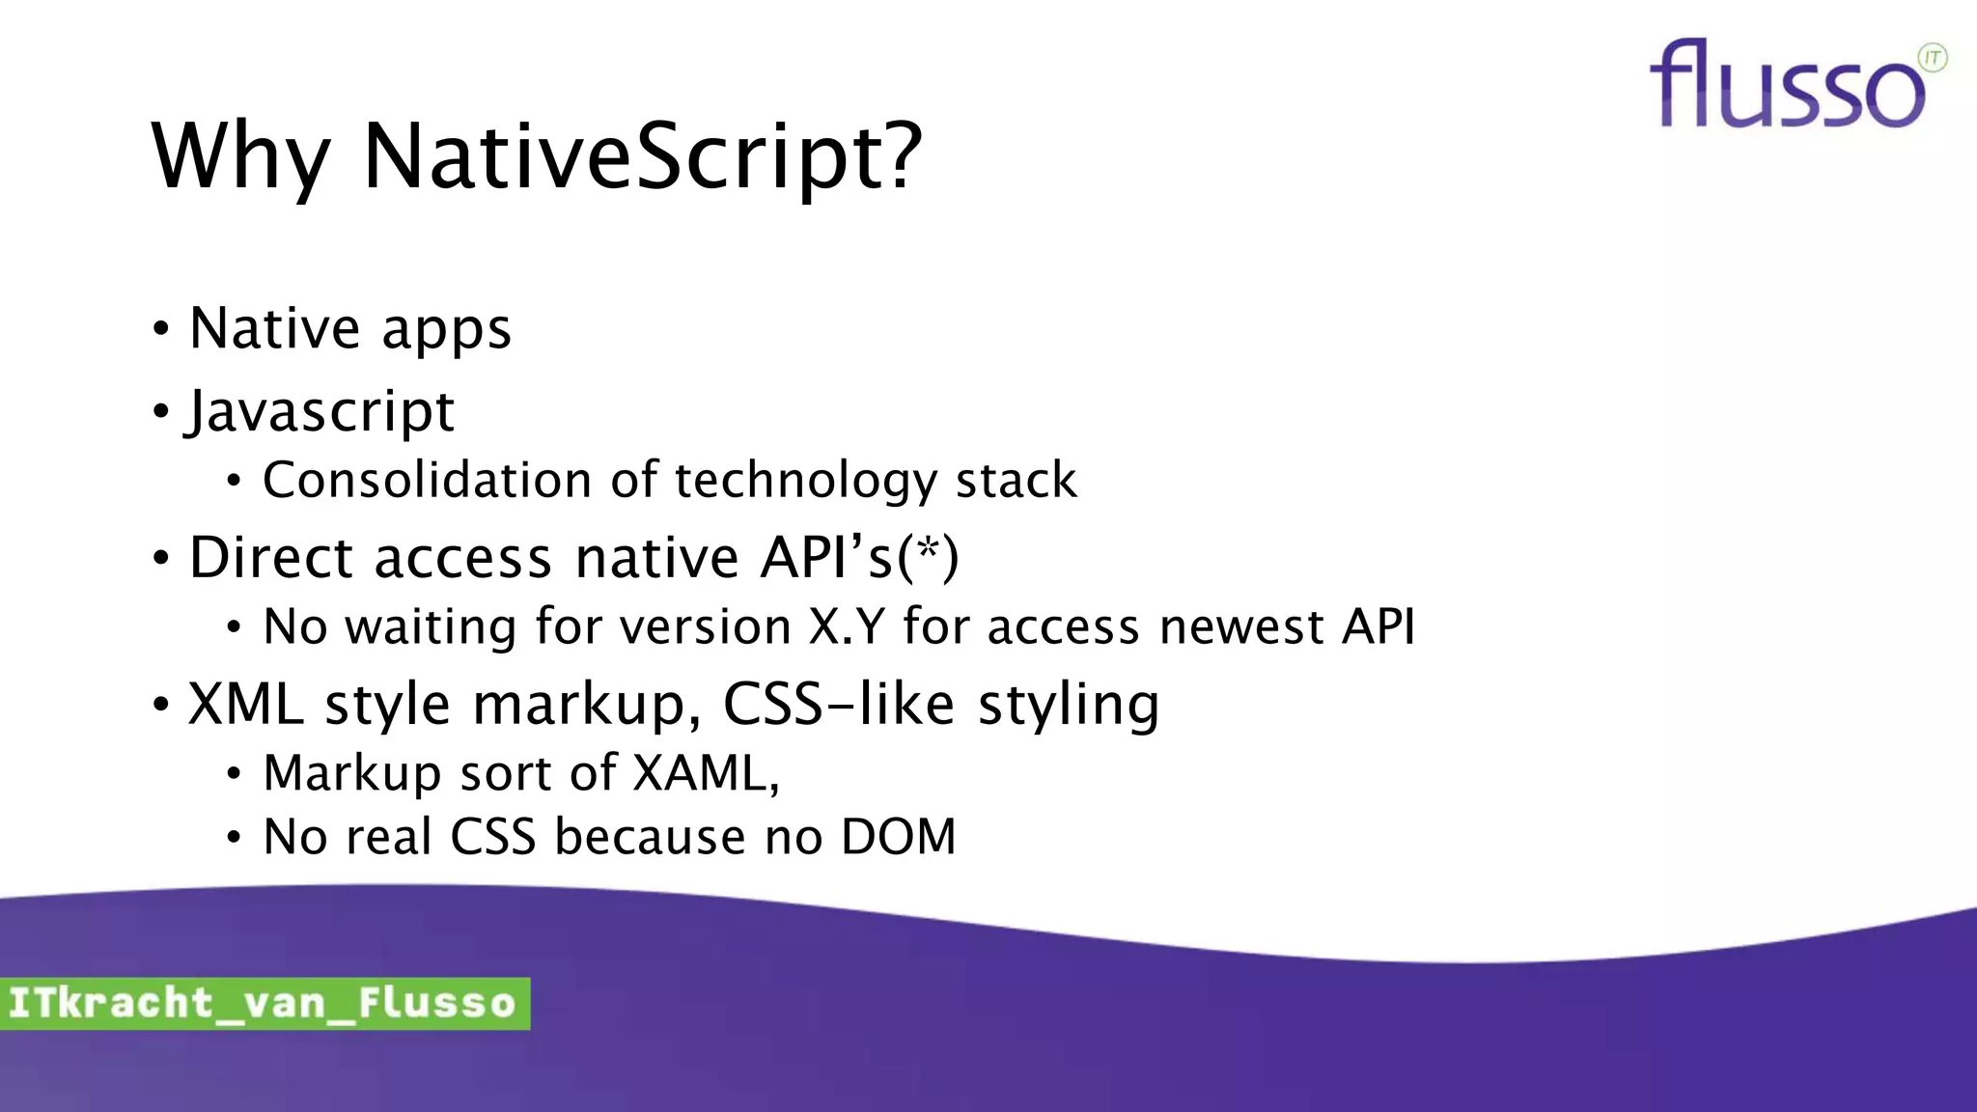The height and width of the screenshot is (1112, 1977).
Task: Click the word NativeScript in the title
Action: click(642, 156)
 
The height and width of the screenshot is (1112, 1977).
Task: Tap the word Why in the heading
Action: click(241, 156)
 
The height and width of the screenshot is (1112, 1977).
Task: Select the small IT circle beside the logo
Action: click(1933, 58)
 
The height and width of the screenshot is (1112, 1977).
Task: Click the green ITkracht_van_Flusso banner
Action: click(264, 1003)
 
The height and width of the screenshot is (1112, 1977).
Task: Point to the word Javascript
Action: click(320, 411)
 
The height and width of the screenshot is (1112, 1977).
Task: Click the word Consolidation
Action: click(427, 480)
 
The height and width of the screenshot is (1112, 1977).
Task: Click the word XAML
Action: click(702, 773)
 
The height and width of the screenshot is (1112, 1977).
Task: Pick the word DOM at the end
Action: click(898, 837)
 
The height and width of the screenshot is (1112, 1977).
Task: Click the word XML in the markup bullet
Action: click(246, 704)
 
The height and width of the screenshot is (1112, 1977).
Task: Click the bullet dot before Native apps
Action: click(161, 328)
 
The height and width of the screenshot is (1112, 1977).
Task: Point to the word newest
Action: click(1241, 626)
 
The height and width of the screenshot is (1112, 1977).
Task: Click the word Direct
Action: click(271, 558)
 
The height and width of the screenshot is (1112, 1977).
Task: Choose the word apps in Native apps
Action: click(446, 331)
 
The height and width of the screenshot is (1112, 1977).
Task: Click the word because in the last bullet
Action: click(650, 837)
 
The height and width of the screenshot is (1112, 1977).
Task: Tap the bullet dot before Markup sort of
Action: click(234, 773)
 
